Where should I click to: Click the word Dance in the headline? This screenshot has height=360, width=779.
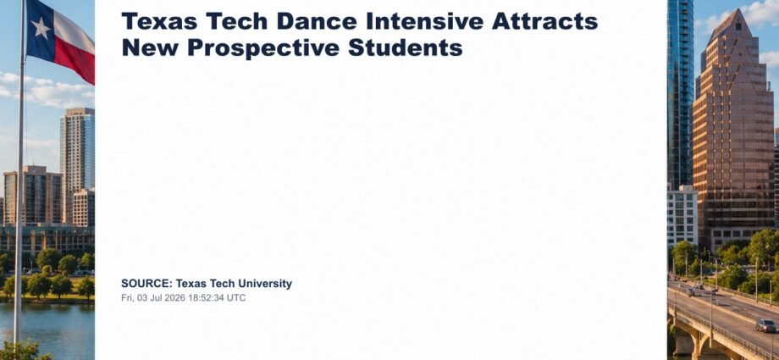tap(317, 21)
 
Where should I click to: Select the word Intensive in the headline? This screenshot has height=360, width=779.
tap(424, 21)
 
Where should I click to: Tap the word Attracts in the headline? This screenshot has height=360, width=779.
tap(545, 21)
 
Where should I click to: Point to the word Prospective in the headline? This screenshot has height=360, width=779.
tap(263, 47)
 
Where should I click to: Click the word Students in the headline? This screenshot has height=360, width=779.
tap(406, 47)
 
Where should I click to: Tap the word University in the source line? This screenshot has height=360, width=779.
tap(265, 284)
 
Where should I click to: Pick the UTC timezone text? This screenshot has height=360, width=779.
tap(236, 298)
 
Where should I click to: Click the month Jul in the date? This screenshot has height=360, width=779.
tap(157, 298)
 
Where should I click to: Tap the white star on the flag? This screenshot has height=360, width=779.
tap(41, 28)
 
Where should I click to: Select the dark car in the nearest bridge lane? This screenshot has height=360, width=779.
tap(765, 325)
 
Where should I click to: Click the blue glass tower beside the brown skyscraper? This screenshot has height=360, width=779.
tap(680, 92)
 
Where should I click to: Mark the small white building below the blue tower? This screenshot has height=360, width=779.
tap(682, 215)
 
